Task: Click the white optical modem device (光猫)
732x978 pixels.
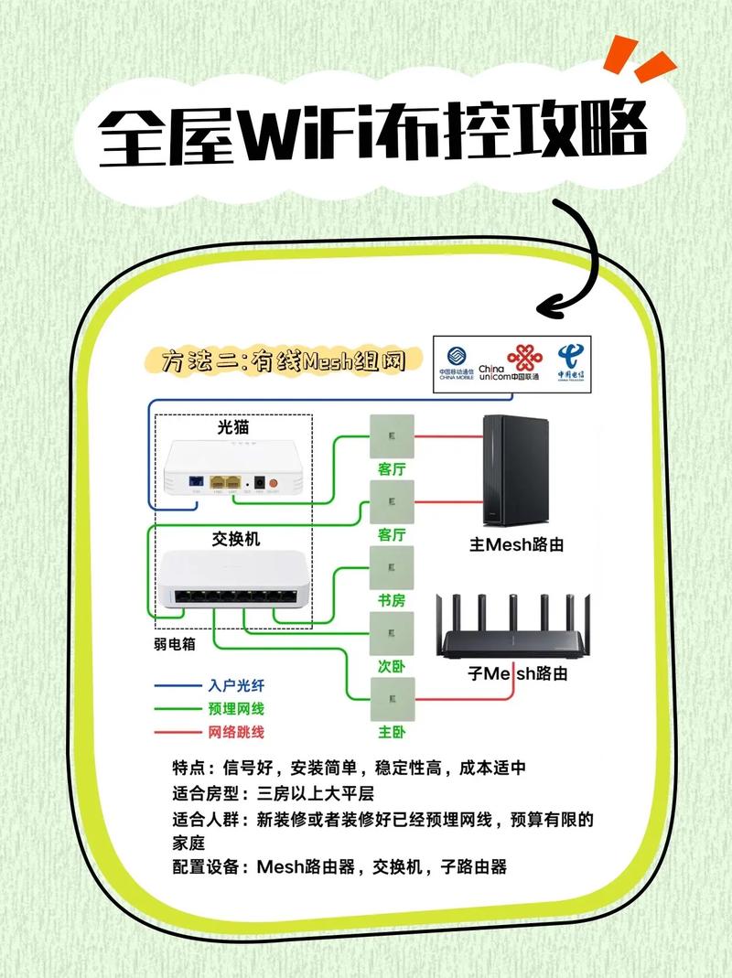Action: pos(232,470)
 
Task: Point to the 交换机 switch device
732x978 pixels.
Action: pos(233,581)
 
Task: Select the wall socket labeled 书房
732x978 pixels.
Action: pos(391,568)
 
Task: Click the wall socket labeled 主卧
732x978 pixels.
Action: pos(391,701)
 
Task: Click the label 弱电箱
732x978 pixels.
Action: pos(174,643)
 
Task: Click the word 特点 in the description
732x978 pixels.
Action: pos(190,768)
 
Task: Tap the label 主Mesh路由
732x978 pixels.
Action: pos(516,544)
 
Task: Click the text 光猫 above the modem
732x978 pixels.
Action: pos(232,427)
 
